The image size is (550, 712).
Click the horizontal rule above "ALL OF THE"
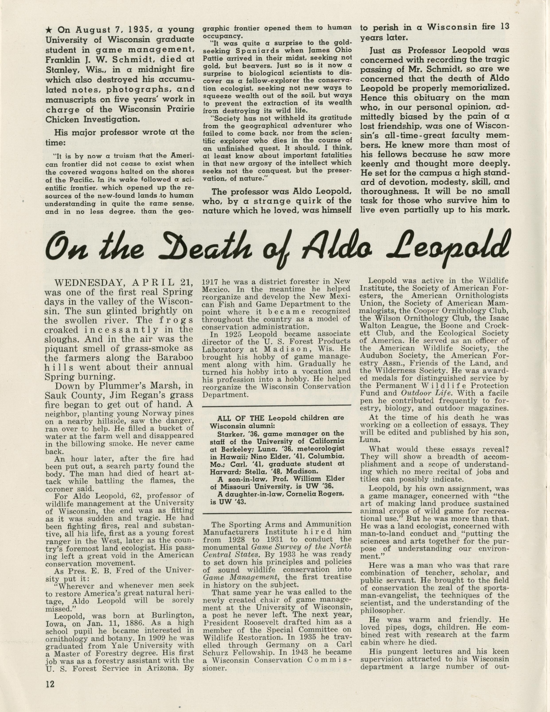pos(277,405)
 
